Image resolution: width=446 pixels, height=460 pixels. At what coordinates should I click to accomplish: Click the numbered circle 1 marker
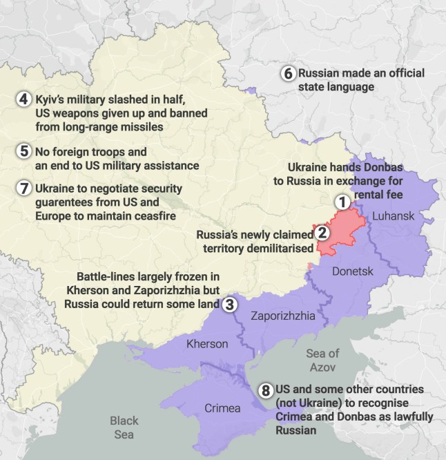coord(342,202)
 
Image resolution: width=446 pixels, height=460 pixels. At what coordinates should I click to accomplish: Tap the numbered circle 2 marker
coord(322,233)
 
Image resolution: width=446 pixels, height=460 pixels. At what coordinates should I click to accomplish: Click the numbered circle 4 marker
coord(23,99)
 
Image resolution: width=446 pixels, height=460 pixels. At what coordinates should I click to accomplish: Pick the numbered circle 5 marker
coord(23,151)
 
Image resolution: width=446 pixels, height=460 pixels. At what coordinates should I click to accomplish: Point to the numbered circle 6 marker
coord(287,73)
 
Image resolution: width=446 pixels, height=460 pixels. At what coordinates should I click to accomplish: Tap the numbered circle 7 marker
coord(23,187)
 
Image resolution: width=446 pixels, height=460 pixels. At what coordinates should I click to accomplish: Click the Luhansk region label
coord(393,217)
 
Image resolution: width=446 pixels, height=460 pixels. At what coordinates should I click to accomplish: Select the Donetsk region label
coord(352,271)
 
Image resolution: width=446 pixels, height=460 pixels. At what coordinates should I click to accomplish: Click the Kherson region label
coord(207,343)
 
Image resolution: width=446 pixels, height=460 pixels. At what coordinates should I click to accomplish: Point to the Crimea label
coord(223,408)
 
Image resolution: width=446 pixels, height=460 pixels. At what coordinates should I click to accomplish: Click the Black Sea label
coord(124,428)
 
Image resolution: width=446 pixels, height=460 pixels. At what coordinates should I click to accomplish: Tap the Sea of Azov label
coord(322,360)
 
